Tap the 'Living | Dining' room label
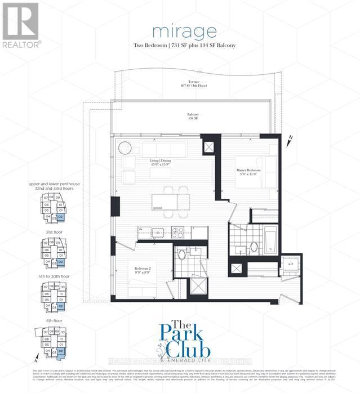[x=161, y=162]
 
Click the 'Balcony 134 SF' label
[x=194, y=117]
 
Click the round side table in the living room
[x=123, y=146]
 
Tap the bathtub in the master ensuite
[x=270, y=236]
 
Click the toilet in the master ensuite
[x=254, y=246]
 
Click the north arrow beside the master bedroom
[x=290, y=139]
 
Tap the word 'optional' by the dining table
[x=158, y=208]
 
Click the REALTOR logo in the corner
[x=21, y=25]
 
